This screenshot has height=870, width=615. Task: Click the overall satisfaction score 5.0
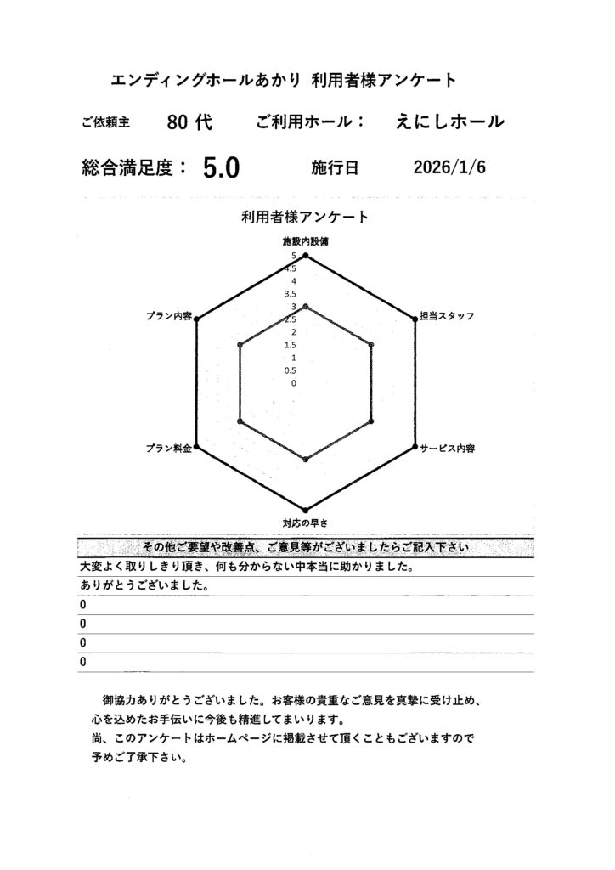pyautogui.click(x=222, y=168)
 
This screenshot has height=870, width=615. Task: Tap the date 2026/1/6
pyautogui.click(x=449, y=167)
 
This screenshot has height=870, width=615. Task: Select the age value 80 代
pyautogui.click(x=189, y=122)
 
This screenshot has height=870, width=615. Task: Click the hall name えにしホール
pyautogui.click(x=449, y=122)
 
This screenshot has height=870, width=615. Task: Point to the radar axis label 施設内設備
pyautogui.click(x=305, y=242)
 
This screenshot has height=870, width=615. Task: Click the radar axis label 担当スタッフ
pyautogui.click(x=447, y=316)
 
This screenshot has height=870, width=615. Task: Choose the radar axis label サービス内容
pyautogui.click(x=447, y=448)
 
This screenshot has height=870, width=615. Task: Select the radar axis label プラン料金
pyautogui.click(x=167, y=448)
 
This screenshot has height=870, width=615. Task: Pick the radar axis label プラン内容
pyautogui.click(x=169, y=316)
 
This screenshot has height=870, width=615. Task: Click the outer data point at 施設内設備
pyautogui.click(x=306, y=255)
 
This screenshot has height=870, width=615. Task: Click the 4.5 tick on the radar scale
pyautogui.click(x=291, y=268)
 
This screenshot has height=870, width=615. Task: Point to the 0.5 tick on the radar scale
pyautogui.click(x=291, y=370)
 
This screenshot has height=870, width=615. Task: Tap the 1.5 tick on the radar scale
pyautogui.click(x=291, y=345)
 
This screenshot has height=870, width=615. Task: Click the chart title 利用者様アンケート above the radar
pyautogui.click(x=305, y=217)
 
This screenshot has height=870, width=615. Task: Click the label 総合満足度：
pyautogui.click(x=134, y=167)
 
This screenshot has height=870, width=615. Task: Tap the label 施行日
pyautogui.click(x=336, y=168)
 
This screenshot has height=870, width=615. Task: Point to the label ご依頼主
pyautogui.click(x=106, y=123)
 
